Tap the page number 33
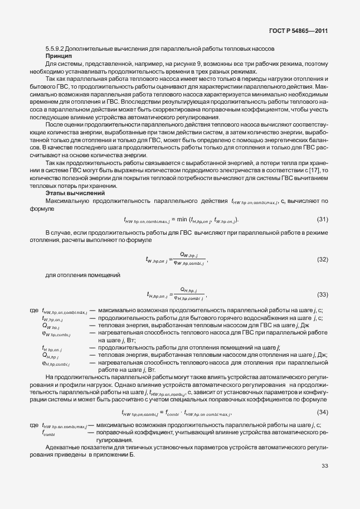point(325,466)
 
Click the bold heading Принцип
point(58,57)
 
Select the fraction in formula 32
point(189,259)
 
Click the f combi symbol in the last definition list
point(48,433)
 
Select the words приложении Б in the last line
point(115,454)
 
